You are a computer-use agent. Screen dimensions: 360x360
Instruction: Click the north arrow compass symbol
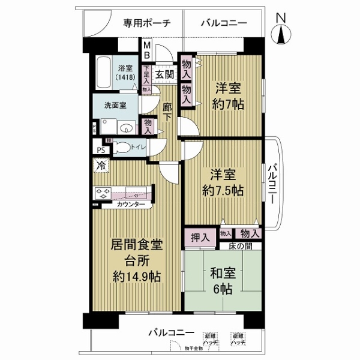point(281,32)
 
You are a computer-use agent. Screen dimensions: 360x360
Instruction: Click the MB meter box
point(146,49)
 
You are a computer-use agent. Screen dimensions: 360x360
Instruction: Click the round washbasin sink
point(127,127)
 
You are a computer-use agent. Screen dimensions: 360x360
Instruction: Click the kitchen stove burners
point(102,194)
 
